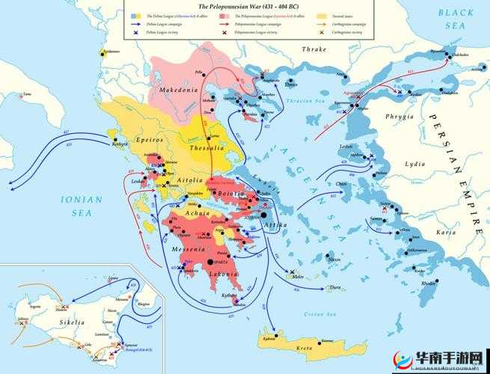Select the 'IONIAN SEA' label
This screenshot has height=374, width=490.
[x=76, y=205]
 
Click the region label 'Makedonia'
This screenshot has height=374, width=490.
[x=177, y=90]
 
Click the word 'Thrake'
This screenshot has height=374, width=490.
[x=313, y=49]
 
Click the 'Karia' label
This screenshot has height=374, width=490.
[x=445, y=233]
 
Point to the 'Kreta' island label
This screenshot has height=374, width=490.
[x=305, y=349]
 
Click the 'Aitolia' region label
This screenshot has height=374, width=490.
[x=189, y=181]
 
